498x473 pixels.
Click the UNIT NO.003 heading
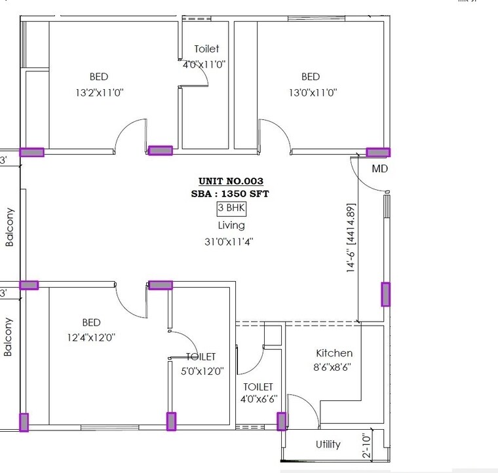point(231,181)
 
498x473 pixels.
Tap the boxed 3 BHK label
point(231,209)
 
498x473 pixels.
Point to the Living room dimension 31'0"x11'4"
point(229,241)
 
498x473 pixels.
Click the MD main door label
point(380,168)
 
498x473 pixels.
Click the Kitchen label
point(334,353)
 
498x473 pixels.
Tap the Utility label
point(328,444)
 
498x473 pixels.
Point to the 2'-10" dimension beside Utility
point(366,446)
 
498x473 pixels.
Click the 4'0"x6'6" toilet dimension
point(258,398)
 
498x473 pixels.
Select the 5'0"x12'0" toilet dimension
point(202,370)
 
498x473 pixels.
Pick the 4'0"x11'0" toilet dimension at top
point(205,64)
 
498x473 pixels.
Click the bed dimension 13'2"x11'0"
point(100,93)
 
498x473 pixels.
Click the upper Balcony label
point(10,227)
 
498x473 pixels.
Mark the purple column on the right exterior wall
point(386,294)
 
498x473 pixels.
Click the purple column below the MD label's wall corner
point(377,153)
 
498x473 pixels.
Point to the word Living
point(231,225)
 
